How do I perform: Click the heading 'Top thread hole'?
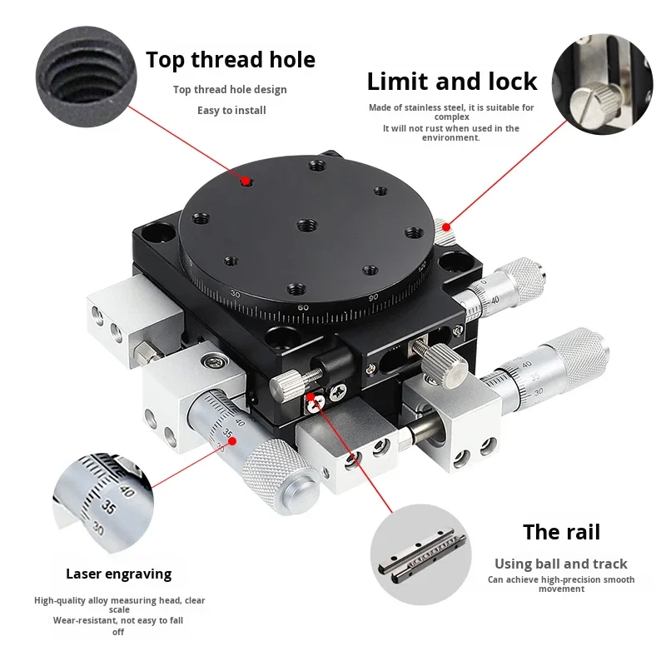[x=231, y=60]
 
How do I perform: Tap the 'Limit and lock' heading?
[x=452, y=82]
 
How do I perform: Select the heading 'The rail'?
[x=561, y=532]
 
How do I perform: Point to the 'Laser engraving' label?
[x=118, y=574]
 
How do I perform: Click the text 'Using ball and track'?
[x=561, y=564]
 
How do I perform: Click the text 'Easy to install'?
[x=230, y=110]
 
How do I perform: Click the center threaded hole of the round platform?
[x=306, y=224]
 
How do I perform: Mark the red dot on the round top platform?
[x=245, y=181]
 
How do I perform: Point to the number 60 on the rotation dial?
[x=304, y=307]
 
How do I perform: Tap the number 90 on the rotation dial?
[x=373, y=297]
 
